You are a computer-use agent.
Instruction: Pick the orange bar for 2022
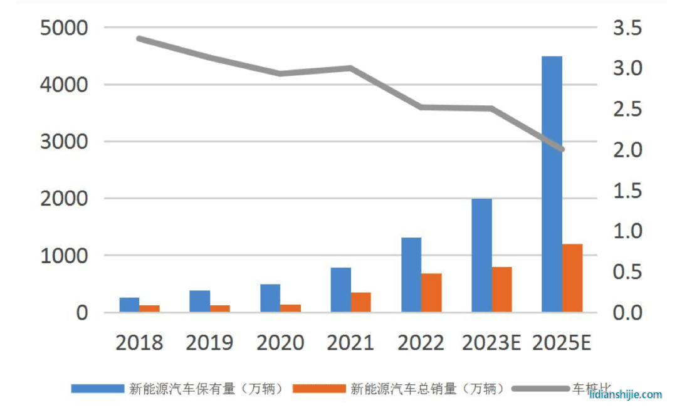pyautogui.click(x=431, y=293)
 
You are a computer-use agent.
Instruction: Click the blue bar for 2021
pyautogui.click(x=341, y=290)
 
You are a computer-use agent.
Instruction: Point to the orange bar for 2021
pyautogui.click(x=361, y=302)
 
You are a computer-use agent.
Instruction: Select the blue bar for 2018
pyautogui.click(x=129, y=305)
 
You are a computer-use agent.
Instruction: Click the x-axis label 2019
pyautogui.click(x=209, y=343)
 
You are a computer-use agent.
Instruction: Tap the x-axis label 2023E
pyautogui.click(x=491, y=343)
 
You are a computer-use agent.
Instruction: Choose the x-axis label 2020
pyautogui.click(x=280, y=343)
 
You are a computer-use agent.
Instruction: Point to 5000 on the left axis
pyautogui.click(x=63, y=28)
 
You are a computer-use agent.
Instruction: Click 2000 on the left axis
pyautogui.click(x=63, y=199)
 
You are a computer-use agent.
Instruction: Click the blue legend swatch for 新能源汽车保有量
pyautogui.click(x=98, y=389)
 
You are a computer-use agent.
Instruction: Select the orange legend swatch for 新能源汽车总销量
pyautogui.click(x=319, y=389)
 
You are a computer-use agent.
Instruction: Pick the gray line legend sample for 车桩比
pyautogui.click(x=540, y=389)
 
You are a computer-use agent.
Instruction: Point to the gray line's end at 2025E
pyautogui.click(x=562, y=149)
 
